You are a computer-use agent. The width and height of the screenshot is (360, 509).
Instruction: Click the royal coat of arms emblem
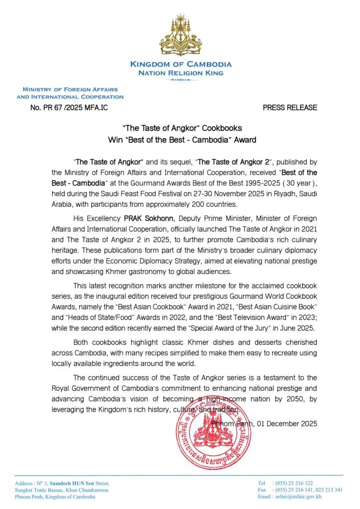180,36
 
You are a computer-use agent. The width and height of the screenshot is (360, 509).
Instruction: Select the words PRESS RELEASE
290,107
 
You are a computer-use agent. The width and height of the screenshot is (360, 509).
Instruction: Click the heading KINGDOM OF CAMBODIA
180,65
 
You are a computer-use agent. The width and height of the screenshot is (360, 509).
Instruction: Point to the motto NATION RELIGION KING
180,73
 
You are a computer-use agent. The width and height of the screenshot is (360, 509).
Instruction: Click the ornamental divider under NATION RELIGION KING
180,80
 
